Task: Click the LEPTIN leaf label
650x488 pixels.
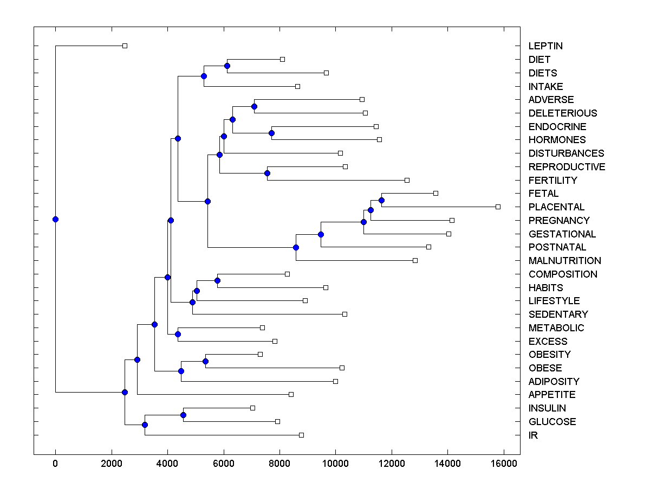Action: [x=546, y=46]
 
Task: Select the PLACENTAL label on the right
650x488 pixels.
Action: [x=556, y=207]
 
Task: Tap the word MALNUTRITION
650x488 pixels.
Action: [x=565, y=261]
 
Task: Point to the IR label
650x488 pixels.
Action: [x=533, y=435]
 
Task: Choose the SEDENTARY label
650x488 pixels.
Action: [x=558, y=314]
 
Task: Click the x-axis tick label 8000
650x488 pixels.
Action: [x=279, y=463]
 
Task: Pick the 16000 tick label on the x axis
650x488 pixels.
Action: [x=503, y=463]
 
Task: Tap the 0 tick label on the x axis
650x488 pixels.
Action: [x=55, y=463]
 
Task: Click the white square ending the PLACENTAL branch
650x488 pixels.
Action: [x=498, y=207]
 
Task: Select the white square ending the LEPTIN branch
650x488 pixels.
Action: [x=125, y=46]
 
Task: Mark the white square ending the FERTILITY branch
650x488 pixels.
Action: [x=407, y=180]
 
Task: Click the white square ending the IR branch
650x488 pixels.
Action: [x=301, y=435]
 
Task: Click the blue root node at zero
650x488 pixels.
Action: [x=55, y=219]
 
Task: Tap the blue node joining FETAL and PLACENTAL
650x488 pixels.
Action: [x=381, y=200]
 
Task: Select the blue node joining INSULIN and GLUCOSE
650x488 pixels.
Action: [x=183, y=415]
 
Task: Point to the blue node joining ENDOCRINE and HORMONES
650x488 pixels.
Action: [x=271, y=133]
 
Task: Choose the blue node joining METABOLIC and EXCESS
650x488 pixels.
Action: [x=178, y=334]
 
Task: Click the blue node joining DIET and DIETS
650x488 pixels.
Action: [x=227, y=66]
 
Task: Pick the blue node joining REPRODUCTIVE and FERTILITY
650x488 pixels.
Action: [x=267, y=173]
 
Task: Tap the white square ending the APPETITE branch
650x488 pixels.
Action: [x=291, y=394]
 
